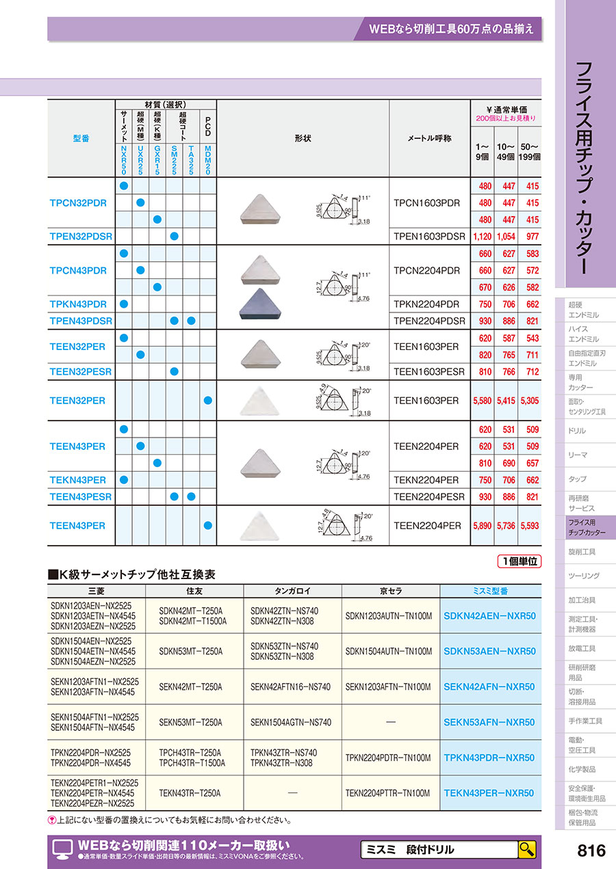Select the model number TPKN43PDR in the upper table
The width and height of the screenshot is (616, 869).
(x=78, y=304)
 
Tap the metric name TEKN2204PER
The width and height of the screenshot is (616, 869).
(x=426, y=480)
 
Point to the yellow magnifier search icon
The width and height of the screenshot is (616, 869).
(x=526, y=849)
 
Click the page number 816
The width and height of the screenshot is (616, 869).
(x=591, y=850)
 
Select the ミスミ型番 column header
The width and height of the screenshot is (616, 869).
(x=489, y=591)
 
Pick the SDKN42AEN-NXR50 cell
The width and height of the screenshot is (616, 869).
(x=489, y=615)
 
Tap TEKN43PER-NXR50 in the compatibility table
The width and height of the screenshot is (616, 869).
(x=489, y=793)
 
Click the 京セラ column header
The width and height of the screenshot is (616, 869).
(x=388, y=591)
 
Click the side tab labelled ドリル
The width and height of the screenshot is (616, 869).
(x=577, y=431)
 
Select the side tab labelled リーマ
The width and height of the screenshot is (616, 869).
(x=578, y=455)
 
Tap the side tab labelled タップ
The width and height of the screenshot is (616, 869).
(x=577, y=479)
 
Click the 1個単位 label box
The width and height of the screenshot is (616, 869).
(x=518, y=561)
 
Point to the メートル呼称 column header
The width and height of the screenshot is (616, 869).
(x=429, y=137)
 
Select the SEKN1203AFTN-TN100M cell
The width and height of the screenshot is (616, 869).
(x=388, y=686)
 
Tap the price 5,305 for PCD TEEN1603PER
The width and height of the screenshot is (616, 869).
(x=529, y=401)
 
